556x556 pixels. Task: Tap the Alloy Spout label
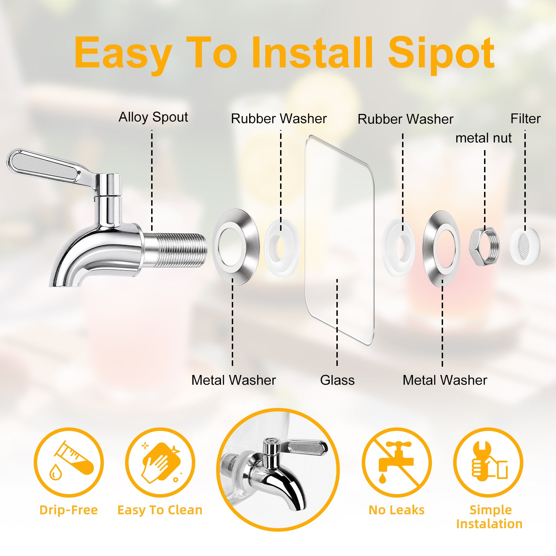[x=153, y=117]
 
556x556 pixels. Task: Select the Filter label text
[x=525, y=118]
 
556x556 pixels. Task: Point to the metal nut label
[x=483, y=138]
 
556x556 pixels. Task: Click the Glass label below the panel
[x=337, y=380]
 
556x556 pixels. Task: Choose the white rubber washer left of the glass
[x=270, y=247]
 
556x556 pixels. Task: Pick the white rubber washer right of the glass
[x=386, y=247]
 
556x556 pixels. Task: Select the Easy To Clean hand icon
[x=160, y=462]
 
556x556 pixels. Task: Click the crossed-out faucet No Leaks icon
[x=396, y=462]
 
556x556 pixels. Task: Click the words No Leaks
[x=396, y=510]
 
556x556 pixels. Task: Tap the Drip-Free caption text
[x=68, y=510]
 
